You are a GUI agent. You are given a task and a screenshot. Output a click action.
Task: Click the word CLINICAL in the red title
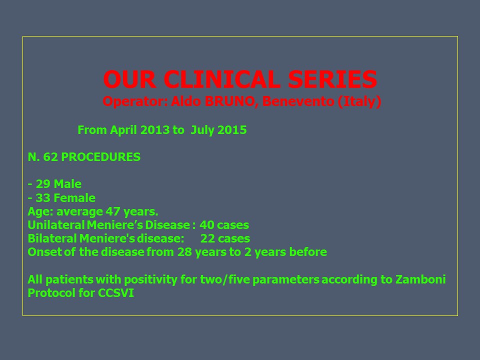pos(222,79)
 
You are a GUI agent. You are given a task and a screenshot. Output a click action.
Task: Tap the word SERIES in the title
pos(332,79)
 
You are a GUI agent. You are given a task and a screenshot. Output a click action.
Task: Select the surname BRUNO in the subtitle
pos(229,101)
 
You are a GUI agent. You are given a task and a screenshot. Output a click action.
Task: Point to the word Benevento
pos(298,101)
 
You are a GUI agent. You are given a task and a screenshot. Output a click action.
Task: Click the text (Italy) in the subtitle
pos(359,101)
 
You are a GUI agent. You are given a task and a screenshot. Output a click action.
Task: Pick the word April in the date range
pos(123,130)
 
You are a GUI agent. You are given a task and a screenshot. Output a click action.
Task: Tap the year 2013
pos(155,130)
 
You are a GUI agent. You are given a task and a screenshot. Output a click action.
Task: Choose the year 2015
pos(232,130)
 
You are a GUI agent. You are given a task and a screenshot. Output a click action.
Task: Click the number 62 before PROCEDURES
pos(50,157)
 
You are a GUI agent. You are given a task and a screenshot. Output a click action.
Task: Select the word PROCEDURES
pos(100,157)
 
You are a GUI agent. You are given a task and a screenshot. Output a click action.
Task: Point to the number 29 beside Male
pos(43,184)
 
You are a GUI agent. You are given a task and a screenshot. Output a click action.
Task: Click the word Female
pos(74,198)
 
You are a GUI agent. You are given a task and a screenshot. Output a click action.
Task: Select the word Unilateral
pos(56,224)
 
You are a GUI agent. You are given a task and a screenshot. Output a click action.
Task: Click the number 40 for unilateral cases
pos(207,224)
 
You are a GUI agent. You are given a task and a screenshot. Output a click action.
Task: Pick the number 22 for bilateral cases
pos(208,238)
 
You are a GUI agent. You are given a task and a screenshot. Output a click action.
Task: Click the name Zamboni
pos(420,279)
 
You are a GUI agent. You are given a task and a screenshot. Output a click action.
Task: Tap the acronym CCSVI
pos(116,293)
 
